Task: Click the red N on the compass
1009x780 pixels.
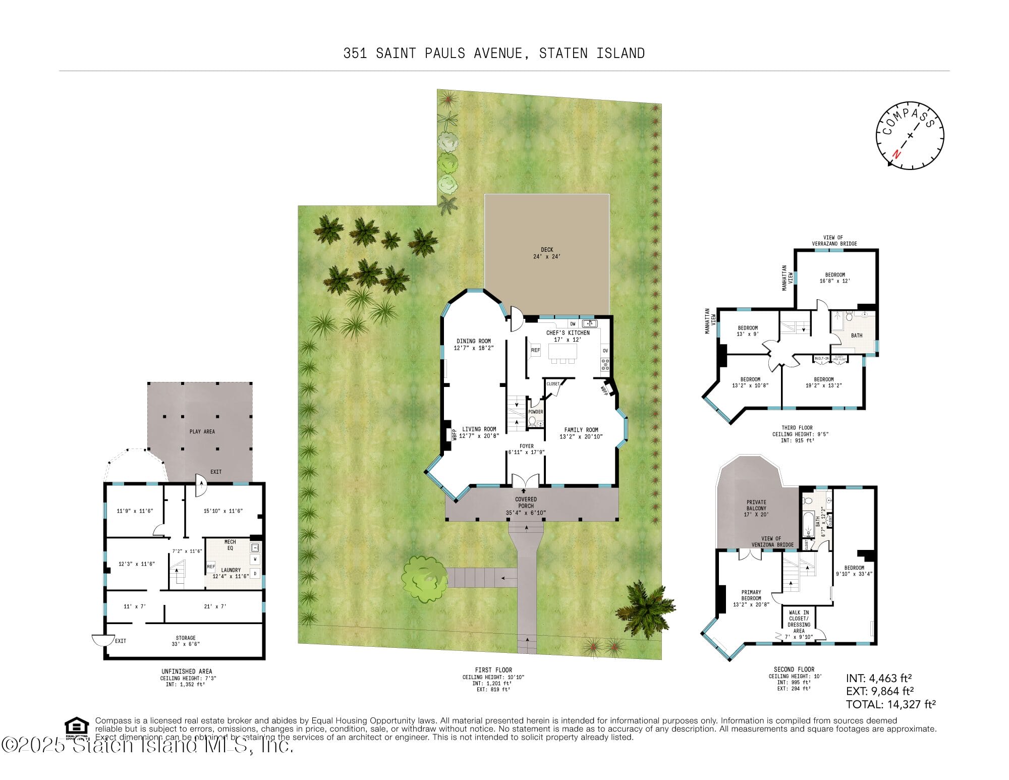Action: (896, 154)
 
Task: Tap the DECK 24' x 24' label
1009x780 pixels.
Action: (547, 253)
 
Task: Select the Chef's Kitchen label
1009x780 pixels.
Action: (568, 336)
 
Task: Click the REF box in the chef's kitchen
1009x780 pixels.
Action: (535, 350)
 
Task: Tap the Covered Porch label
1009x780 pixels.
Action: (526, 506)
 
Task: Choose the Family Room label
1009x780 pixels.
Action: (581, 433)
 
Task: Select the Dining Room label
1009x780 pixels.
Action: (473, 344)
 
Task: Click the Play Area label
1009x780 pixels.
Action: (202, 431)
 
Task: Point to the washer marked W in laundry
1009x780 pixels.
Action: (255, 559)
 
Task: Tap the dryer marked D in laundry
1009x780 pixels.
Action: (255, 574)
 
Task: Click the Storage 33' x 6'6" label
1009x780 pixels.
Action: (186, 641)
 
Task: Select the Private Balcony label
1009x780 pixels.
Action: (756, 508)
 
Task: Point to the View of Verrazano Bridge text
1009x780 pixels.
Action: (834, 240)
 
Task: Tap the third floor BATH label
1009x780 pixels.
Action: (856, 336)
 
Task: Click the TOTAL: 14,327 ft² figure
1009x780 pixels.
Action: (890, 704)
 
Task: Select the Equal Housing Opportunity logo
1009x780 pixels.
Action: (77, 727)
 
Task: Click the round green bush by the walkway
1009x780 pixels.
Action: (423, 578)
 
